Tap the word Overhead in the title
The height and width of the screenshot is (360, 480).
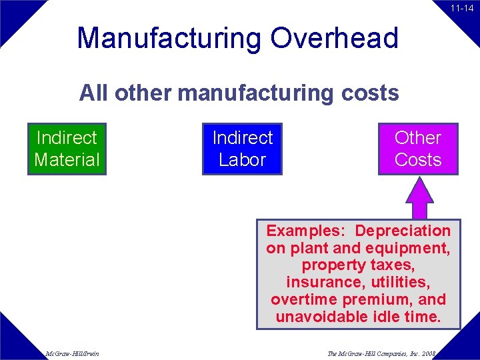pos(335,38)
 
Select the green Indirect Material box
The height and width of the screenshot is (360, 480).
pos(67,149)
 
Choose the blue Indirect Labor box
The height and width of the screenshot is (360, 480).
pos(242,149)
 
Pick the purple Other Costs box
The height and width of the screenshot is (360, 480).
pos(418,149)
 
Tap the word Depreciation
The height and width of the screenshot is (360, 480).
pos(403,231)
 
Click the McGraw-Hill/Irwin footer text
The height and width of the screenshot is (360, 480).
pos(73,353)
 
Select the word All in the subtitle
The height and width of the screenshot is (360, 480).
pos(94,93)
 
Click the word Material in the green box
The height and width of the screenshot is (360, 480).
pos(67,160)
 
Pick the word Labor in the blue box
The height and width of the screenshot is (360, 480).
pos(242,160)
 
